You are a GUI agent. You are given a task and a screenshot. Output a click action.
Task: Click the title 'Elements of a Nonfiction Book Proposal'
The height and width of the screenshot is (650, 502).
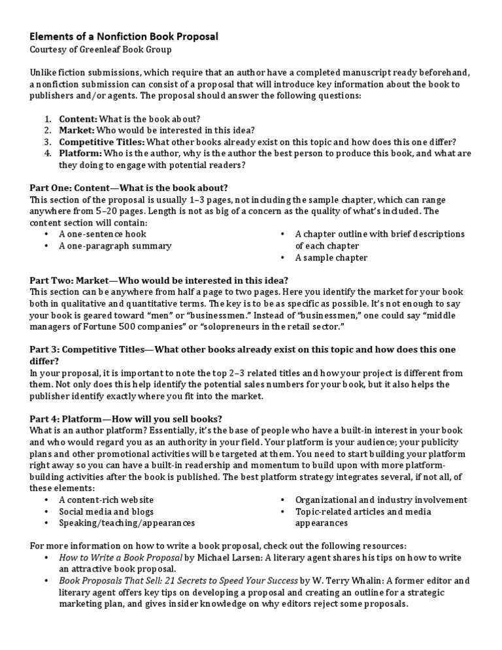[x=124, y=37]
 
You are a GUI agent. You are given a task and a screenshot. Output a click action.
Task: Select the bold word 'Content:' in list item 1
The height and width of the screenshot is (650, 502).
[x=78, y=119]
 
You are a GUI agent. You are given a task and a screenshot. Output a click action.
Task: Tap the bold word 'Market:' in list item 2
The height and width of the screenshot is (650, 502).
[x=76, y=130]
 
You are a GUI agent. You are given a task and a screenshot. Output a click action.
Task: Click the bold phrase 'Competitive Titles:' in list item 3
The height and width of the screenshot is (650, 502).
[x=102, y=142]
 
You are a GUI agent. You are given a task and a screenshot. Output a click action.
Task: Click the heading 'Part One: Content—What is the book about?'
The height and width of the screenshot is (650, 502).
[x=129, y=188]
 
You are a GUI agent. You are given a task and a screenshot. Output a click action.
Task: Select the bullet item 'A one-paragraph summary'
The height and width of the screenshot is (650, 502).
[x=115, y=246]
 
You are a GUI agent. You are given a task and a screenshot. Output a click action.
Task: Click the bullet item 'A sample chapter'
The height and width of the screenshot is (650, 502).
[x=331, y=258]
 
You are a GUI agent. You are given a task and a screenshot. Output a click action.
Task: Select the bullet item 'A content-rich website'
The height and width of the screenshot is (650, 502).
[x=107, y=500]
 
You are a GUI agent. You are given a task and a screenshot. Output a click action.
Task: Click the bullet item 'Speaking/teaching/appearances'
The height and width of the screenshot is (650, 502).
[x=127, y=523]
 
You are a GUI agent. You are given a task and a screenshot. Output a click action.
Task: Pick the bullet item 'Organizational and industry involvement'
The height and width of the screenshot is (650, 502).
[x=381, y=500]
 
